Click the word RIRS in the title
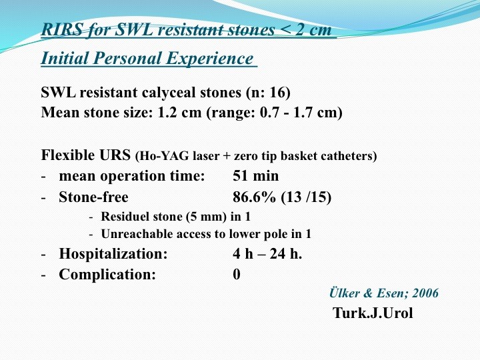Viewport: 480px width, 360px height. [62, 30]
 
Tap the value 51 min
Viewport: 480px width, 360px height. [255, 176]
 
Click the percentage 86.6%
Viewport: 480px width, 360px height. [254, 197]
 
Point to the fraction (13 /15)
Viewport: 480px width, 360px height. [306, 197]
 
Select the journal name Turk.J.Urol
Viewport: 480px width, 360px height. [373, 313]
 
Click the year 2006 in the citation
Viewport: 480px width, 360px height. [425, 293]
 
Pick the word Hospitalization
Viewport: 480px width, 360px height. [113, 253]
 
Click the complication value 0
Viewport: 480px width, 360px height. [236, 274]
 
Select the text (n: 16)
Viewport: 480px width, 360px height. [268, 93]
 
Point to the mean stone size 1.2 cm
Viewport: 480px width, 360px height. [179, 113]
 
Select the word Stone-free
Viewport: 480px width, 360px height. [93, 197]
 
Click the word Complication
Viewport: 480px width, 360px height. [107, 274]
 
